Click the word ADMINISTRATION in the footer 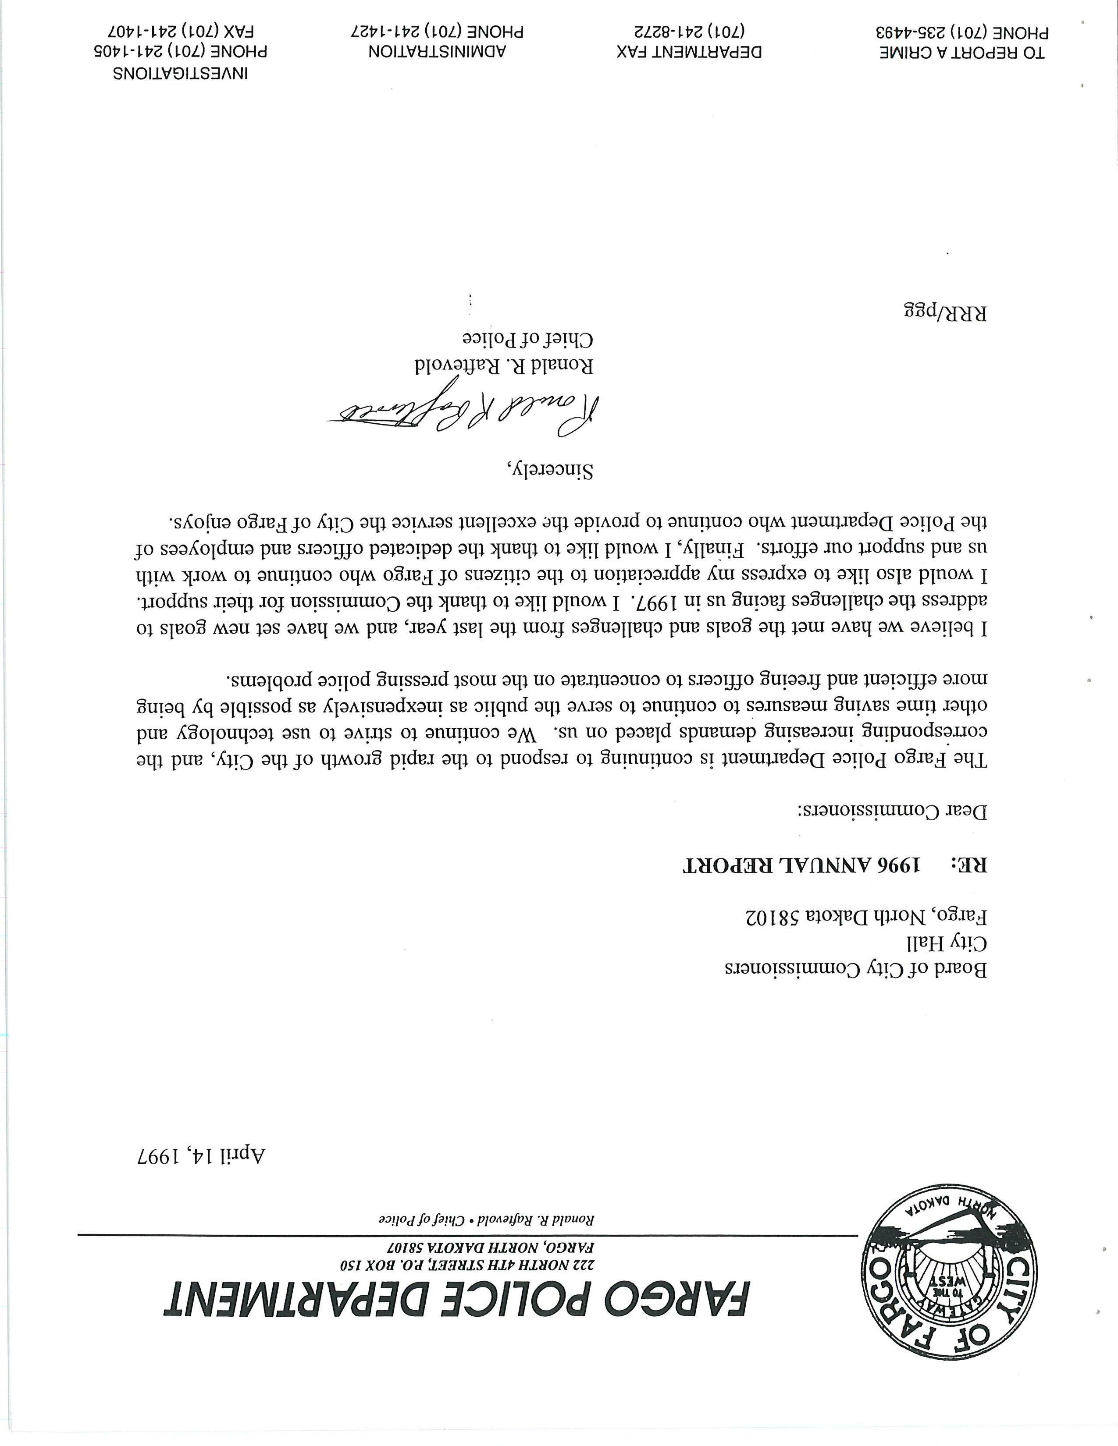tap(437, 52)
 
